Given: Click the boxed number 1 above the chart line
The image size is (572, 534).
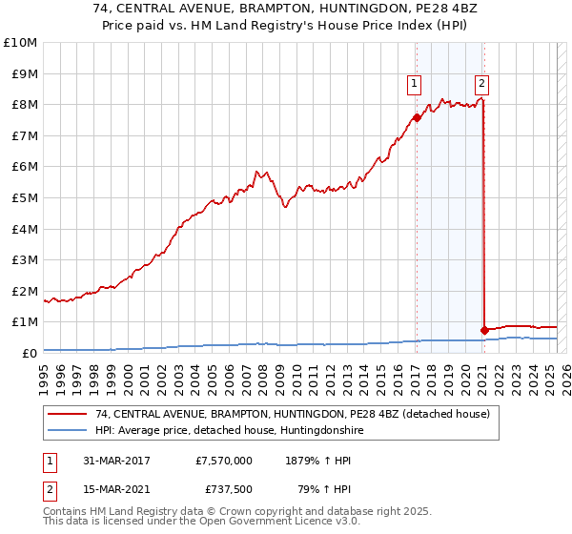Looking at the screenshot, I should click(x=415, y=84).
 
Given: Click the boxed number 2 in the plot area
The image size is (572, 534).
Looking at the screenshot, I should click(x=482, y=84).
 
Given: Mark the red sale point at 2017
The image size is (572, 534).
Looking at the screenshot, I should click(x=417, y=118).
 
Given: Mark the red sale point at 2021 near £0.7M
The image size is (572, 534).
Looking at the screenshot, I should click(x=484, y=330).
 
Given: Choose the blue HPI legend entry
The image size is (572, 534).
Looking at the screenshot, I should click(x=229, y=430).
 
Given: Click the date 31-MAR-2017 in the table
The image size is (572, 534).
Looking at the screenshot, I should click(x=117, y=461).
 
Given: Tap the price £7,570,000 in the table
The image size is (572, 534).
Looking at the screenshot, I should click(x=223, y=461).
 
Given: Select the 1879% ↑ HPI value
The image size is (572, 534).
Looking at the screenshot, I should click(x=317, y=461).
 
